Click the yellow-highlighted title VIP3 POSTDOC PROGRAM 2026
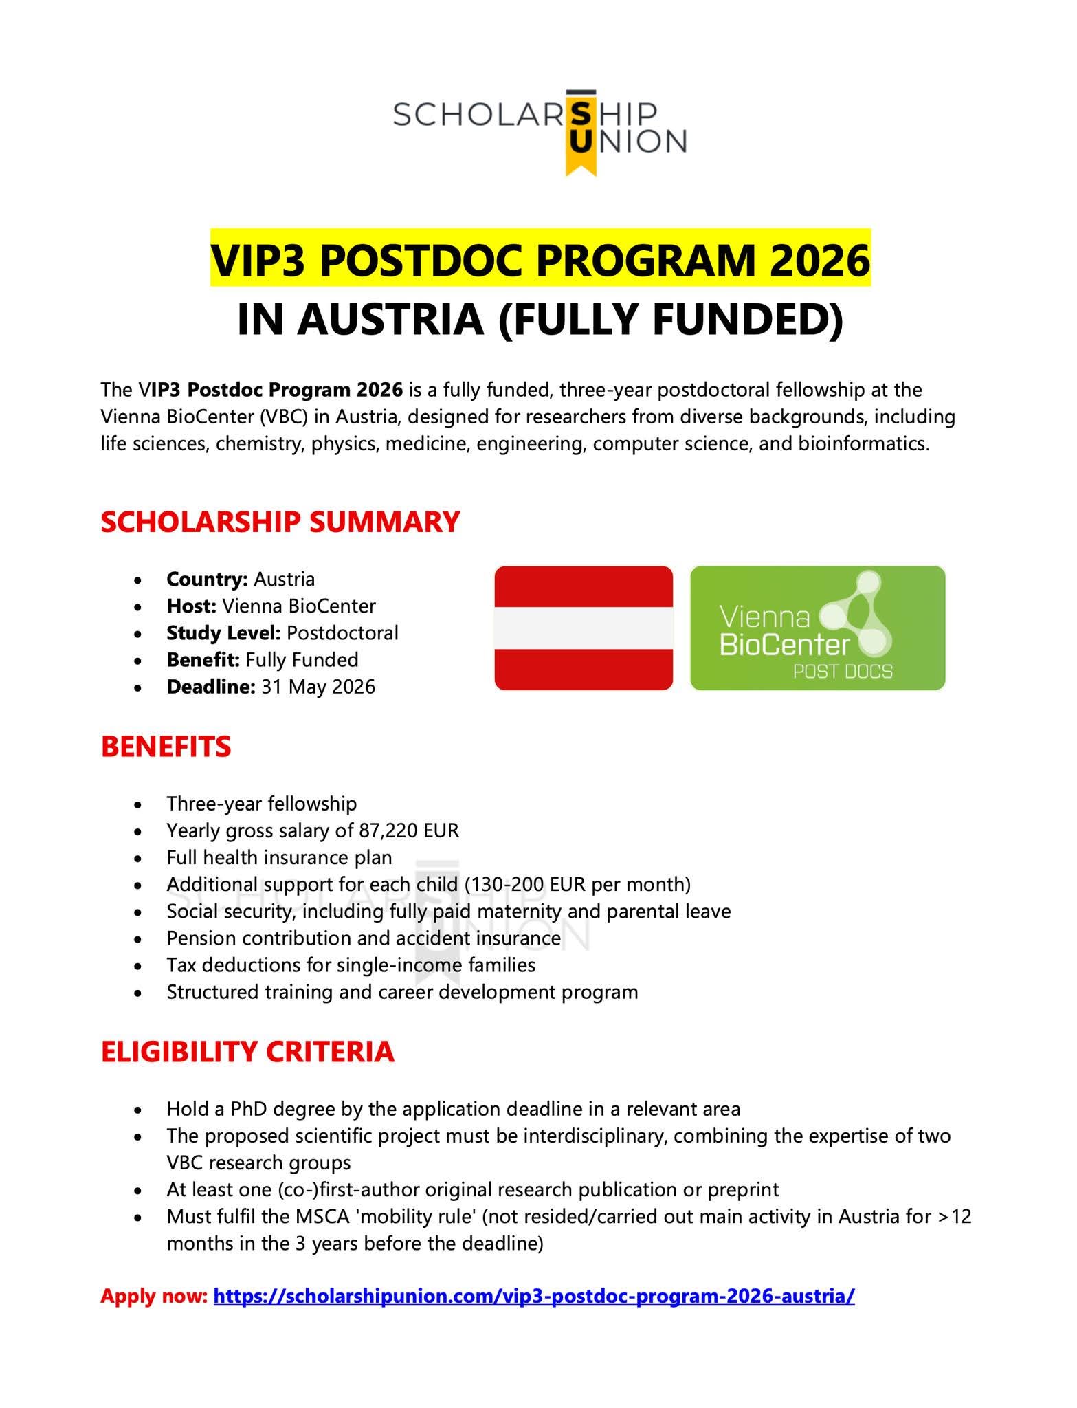point(540,259)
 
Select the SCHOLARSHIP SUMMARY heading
point(280,522)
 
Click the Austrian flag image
point(584,628)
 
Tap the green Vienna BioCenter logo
point(817,628)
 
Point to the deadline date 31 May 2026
point(318,687)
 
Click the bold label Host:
point(191,606)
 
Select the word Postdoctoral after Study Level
point(342,633)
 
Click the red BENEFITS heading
point(166,747)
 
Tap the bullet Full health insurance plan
point(279,858)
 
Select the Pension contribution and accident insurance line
point(364,938)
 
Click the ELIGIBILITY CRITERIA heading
point(247,1053)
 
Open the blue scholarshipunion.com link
point(534,1297)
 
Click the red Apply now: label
point(153,1297)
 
